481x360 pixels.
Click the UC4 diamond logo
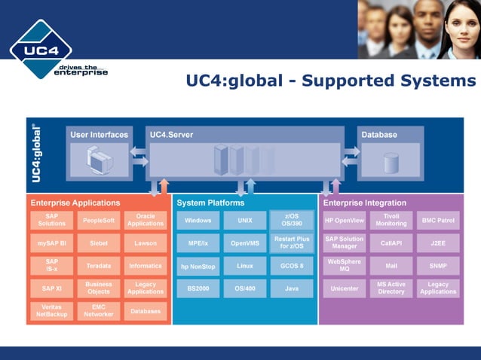[41, 50]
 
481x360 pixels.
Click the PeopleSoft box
[99, 220]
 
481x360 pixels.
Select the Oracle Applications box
[146, 220]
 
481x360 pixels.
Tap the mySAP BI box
[52, 243]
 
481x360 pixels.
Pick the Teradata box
[99, 266]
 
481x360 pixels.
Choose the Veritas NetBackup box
[52, 311]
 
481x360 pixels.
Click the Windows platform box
[198, 221]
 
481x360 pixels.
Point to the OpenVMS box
[245, 243]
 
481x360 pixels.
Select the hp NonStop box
[198, 266]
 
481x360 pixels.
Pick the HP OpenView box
[345, 221]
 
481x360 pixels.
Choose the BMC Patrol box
[438, 221]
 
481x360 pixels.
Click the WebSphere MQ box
[345, 266]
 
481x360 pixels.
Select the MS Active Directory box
[391, 288]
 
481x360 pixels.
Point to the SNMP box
[438, 266]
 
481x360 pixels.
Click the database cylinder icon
[391, 162]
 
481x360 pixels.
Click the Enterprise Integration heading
[365, 203]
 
